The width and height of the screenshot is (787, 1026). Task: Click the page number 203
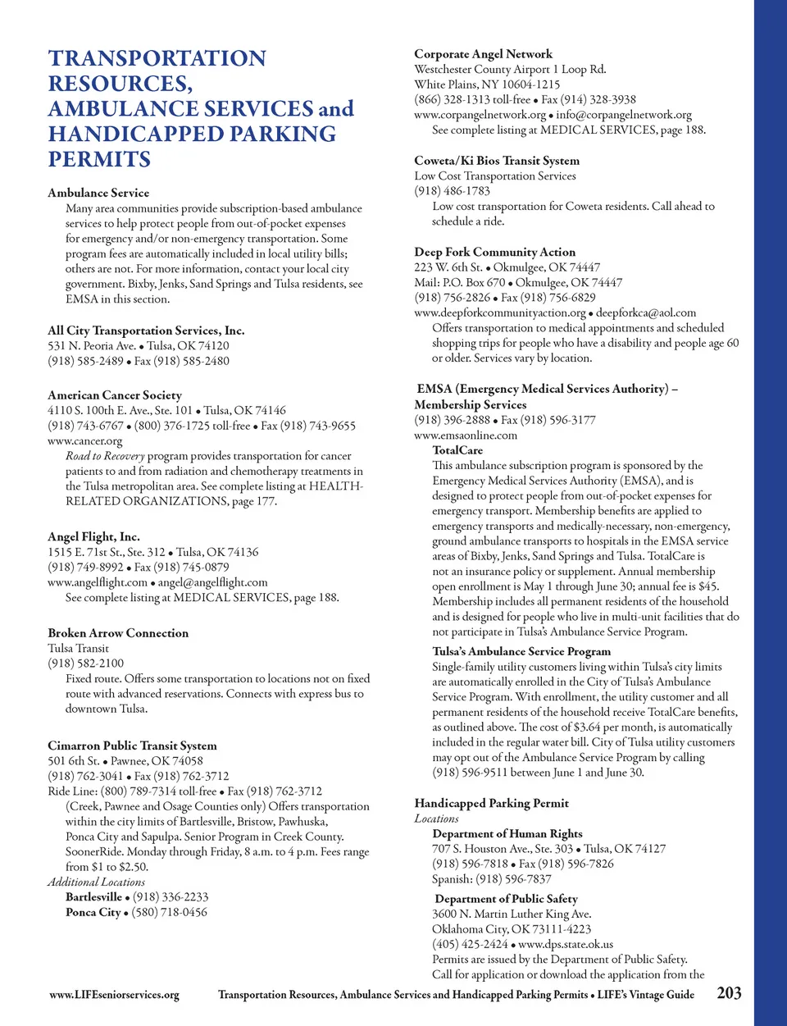[729, 993]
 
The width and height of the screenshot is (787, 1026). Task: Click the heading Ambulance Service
[98, 193]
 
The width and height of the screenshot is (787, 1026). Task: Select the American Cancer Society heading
[115, 394]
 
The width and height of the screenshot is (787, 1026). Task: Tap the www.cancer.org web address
[84, 440]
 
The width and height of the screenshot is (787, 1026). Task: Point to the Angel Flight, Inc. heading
[93, 536]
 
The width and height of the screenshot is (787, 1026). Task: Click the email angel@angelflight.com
[212, 582]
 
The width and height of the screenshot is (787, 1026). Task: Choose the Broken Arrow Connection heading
[118, 633]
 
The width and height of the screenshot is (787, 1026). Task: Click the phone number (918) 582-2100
[86, 663]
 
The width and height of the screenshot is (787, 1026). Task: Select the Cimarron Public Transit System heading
[132, 746]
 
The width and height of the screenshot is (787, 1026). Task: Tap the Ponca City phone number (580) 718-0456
[171, 912]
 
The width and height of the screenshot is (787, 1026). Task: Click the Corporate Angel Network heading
[483, 54]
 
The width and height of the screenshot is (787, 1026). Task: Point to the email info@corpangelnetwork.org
[624, 115]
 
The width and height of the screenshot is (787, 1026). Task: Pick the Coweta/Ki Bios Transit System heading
[497, 161]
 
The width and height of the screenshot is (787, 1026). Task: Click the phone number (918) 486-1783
[453, 191]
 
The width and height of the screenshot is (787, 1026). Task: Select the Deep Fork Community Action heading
[494, 252]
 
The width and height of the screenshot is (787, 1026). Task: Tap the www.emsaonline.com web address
[466, 435]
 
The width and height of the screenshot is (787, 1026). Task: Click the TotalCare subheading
[457, 450]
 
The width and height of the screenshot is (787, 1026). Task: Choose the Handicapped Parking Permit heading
[491, 803]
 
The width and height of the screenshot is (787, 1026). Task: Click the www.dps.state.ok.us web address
[566, 944]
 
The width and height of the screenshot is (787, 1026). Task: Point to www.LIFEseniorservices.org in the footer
[114, 995]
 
